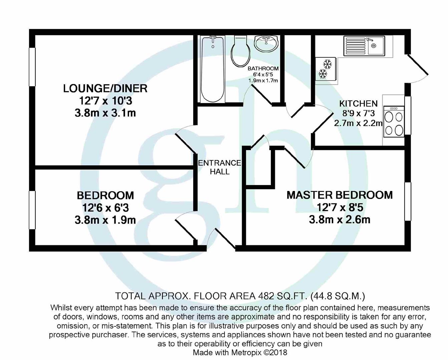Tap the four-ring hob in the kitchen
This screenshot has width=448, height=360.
pyautogui.click(x=394, y=122)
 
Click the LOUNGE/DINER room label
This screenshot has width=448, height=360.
pyautogui.click(x=105, y=88)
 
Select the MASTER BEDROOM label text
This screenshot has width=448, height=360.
pyautogui.click(x=340, y=195)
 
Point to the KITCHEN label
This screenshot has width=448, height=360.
pyautogui.click(x=358, y=104)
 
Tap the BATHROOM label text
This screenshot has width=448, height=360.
pyautogui.click(x=263, y=69)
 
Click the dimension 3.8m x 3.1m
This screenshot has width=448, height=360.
pyautogui.click(x=105, y=113)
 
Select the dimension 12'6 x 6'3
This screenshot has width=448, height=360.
pyautogui.click(x=105, y=208)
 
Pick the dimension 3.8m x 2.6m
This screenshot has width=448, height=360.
pyautogui.click(x=340, y=220)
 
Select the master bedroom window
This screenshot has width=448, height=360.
pyautogui.click(x=408, y=201)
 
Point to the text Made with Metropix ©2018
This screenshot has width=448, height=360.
pyautogui.click(x=240, y=352)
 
